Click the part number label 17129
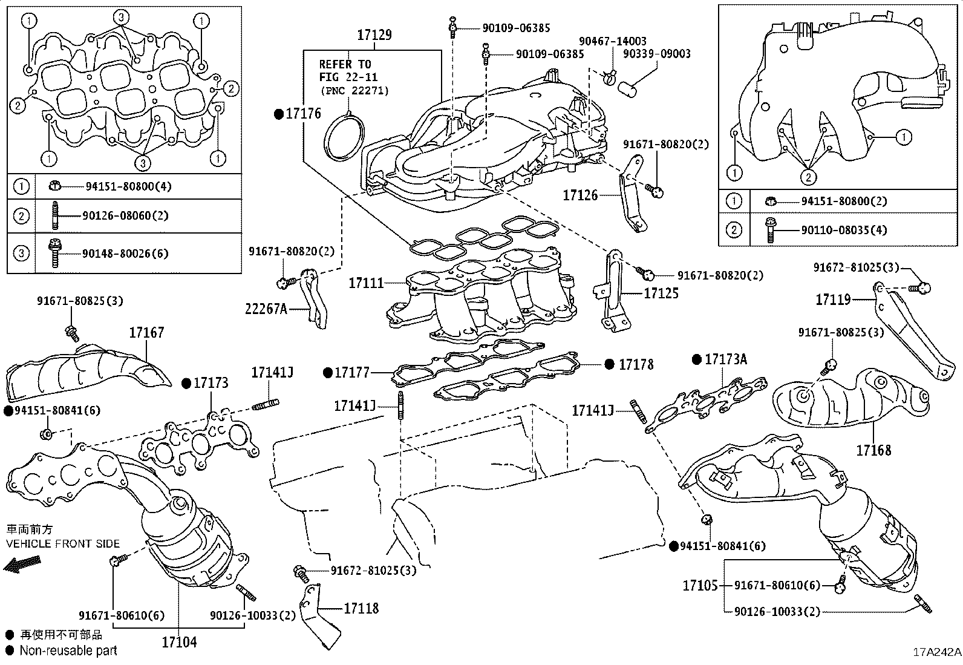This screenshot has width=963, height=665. pos(374,35)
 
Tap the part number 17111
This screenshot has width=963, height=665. pos(366,283)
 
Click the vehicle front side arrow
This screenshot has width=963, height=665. pos(19,565)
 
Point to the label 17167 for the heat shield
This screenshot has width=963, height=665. pos(146,333)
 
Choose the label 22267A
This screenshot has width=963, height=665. pos(266,309)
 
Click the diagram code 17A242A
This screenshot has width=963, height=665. pos(936,652)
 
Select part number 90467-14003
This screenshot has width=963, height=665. pos(612,41)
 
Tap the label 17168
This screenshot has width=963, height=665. pos(873,450)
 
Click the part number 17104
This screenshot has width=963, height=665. pos(179,642)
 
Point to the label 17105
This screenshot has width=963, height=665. pos(700,585)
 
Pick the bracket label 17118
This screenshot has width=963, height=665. pos(361,608)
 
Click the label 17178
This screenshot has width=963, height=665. pos(636,364)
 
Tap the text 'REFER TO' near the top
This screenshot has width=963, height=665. pos(345,64)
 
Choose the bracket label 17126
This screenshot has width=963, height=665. pos(580,195)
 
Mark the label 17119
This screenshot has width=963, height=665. pos(833,299)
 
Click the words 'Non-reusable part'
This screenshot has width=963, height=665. pos(68,651)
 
